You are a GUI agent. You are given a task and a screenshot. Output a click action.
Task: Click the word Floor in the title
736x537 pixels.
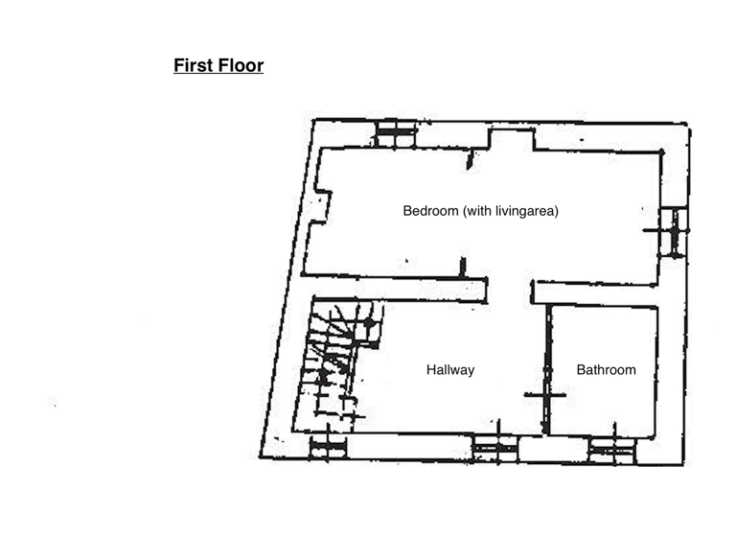pyautogui.click(x=240, y=66)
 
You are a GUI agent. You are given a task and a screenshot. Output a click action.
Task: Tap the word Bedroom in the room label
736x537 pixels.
pyautogui.click(x=430, y=211)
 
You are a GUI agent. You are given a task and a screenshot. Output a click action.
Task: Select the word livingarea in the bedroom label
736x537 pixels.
pyautogui.click(x=525, y=211)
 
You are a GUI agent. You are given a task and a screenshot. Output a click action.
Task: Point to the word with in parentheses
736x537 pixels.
pyautogui.click(x=478, y=211)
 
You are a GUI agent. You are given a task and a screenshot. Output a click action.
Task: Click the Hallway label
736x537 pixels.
pyautogui.click(x=449, y=369)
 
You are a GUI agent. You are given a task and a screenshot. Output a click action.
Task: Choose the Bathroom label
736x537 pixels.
pyautogui.click(x=606, y=369)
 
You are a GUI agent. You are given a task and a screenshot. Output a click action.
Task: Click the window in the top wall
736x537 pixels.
pyautogui.click(x=396, y=134)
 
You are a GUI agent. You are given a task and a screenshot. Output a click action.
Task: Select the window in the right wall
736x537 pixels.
pyautogui.click(x=675, y=231)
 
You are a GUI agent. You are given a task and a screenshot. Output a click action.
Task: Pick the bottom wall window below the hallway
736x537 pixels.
pyautogui.click(x=494, y=448)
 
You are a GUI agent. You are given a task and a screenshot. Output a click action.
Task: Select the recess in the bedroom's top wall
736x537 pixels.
pyautogui.click(x=511, y=140)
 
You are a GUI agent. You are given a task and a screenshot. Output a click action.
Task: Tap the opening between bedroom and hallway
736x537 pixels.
pyautogui.click(x=509, y=291)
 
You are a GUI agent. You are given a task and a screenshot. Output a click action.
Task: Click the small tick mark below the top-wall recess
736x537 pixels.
pyautogui.click(x=470, y=161)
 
